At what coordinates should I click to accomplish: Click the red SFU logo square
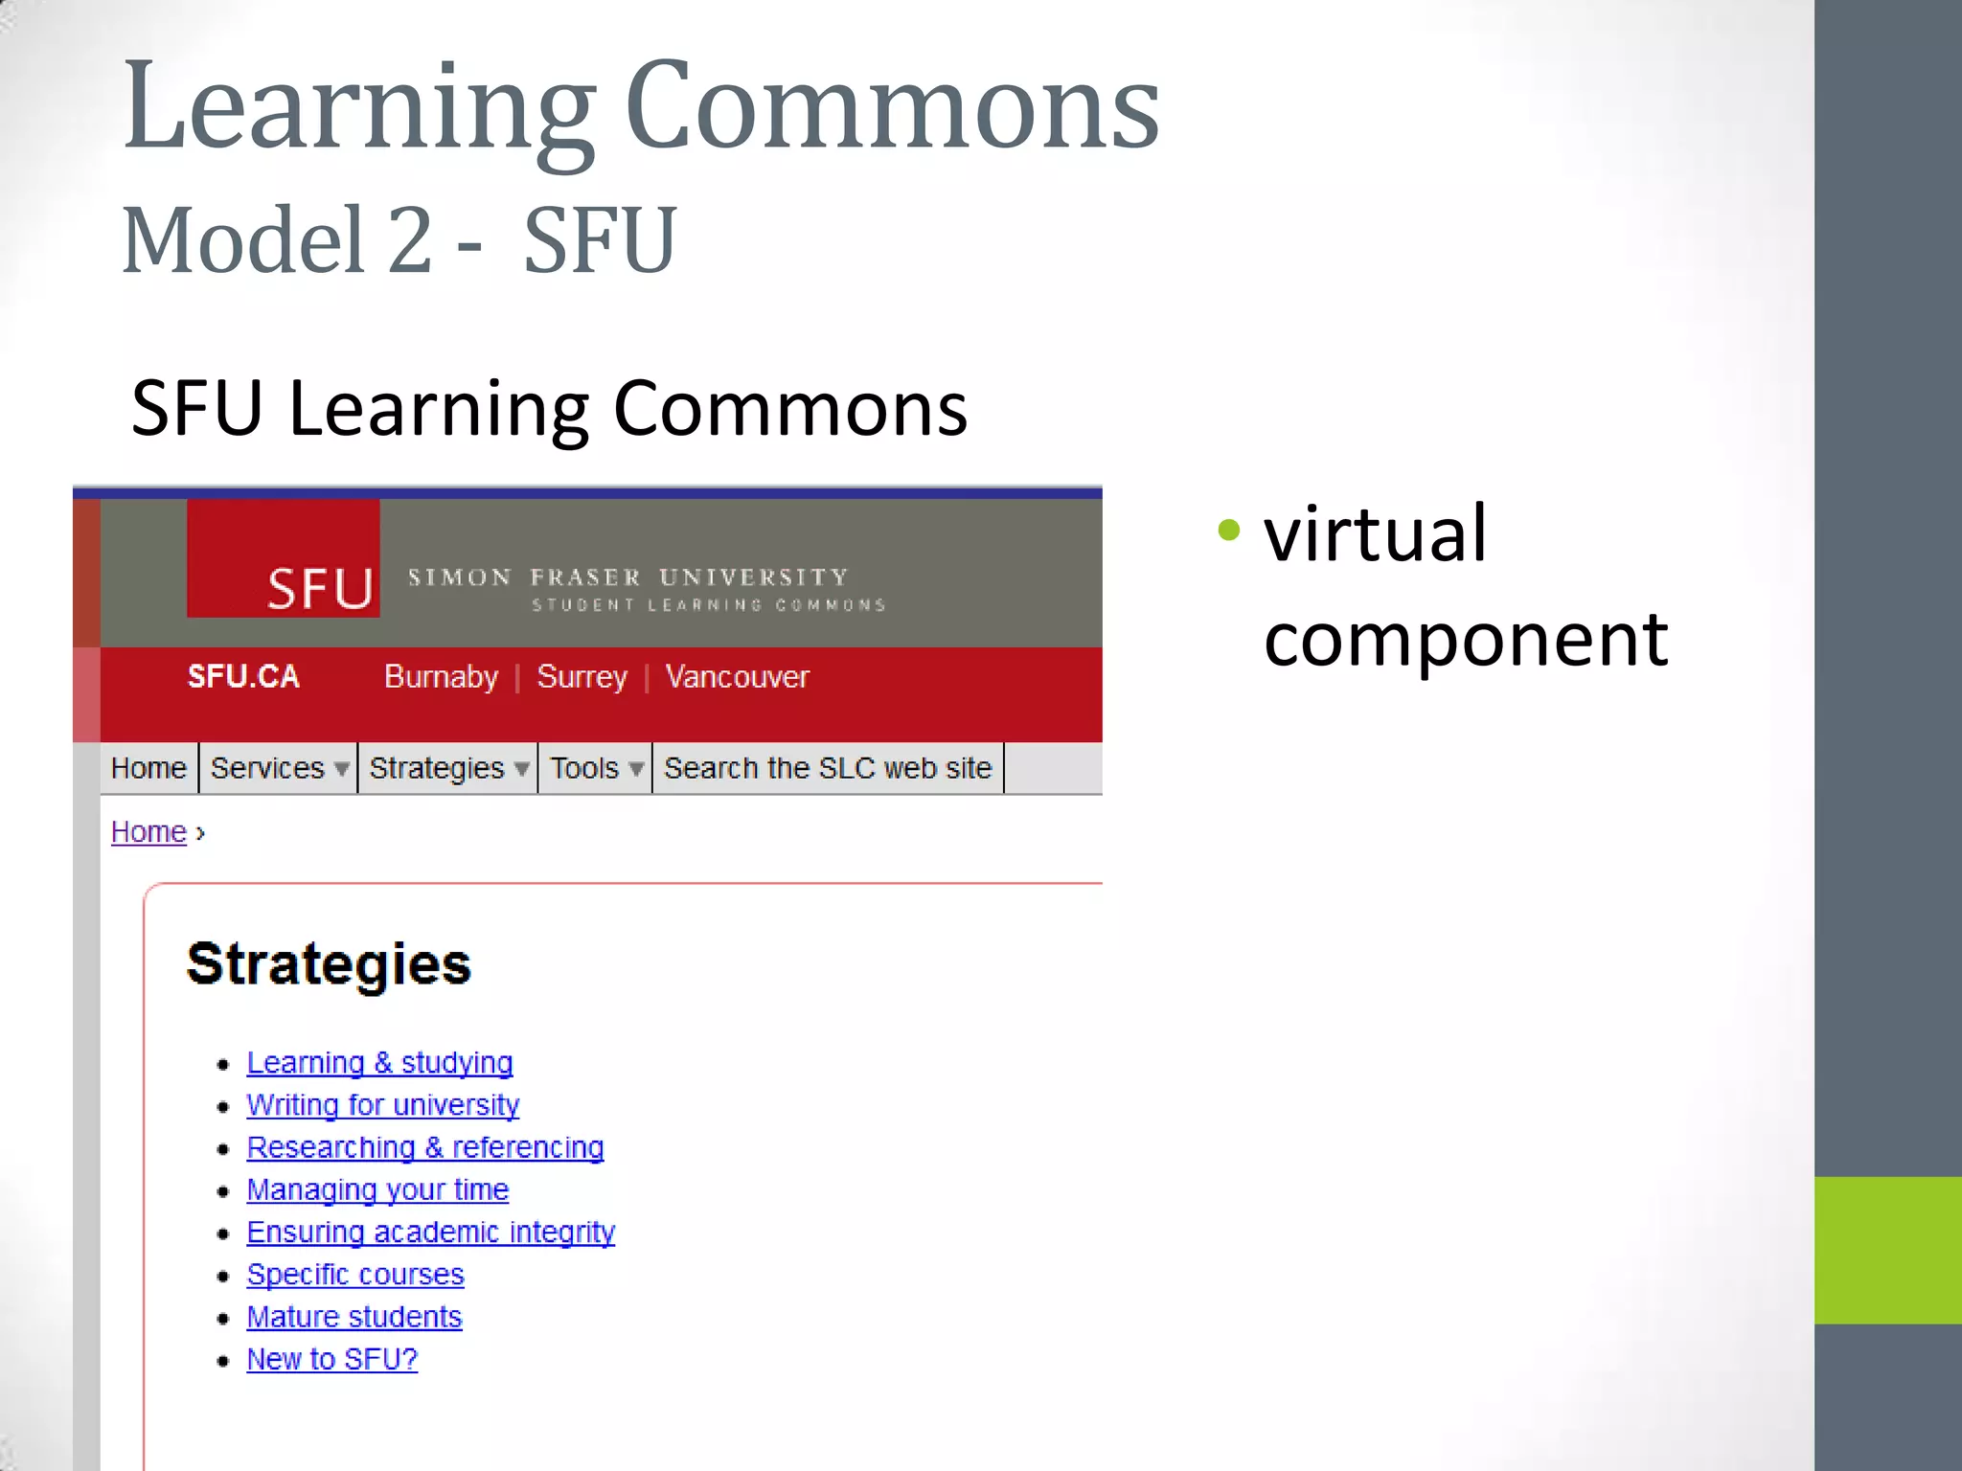coord(283,558)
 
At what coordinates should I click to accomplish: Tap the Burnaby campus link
coord(441,677)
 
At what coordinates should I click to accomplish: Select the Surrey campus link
coord(582,677)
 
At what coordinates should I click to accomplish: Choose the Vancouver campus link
coord(737,677)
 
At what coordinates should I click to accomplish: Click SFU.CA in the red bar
coord(243,677)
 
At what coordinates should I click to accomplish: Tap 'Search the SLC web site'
coord(828,768)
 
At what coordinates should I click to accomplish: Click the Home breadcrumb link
coord(148,832)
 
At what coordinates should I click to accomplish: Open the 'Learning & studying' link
coord(379,1063)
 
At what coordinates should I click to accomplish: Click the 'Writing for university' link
coord(382,1105)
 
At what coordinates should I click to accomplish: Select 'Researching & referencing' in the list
coord(425,1147)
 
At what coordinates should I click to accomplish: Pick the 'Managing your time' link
coord(377,1189)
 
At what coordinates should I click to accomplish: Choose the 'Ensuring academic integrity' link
coord(430,1233)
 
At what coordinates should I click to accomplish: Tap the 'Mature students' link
coord(354,1317)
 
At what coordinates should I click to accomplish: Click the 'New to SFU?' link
coord(332,1359)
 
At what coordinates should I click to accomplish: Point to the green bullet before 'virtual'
coord(1229,530)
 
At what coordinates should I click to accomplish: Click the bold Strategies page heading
coord(329,963)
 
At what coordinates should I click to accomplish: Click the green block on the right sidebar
coord(1887,1250)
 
